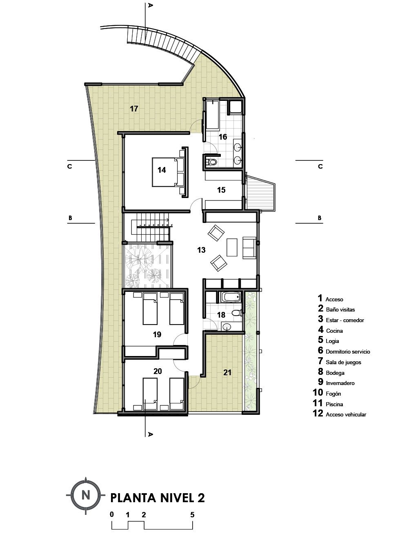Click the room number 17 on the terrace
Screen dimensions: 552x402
[133, 109]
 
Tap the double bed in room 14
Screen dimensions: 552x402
[168, 171]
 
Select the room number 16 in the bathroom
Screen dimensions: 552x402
[222, 137]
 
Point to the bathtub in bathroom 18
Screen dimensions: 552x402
[230, 297]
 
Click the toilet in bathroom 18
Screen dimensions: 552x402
[236, 314]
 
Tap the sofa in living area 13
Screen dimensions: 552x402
[249, 247]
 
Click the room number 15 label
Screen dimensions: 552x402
[221, 190]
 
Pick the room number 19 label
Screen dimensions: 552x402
[157, 334]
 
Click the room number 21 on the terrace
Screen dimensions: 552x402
[227, 372]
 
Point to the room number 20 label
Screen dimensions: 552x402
[158, 371]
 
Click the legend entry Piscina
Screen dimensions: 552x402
[334, 404]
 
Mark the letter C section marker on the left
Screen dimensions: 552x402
[70, 167]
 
